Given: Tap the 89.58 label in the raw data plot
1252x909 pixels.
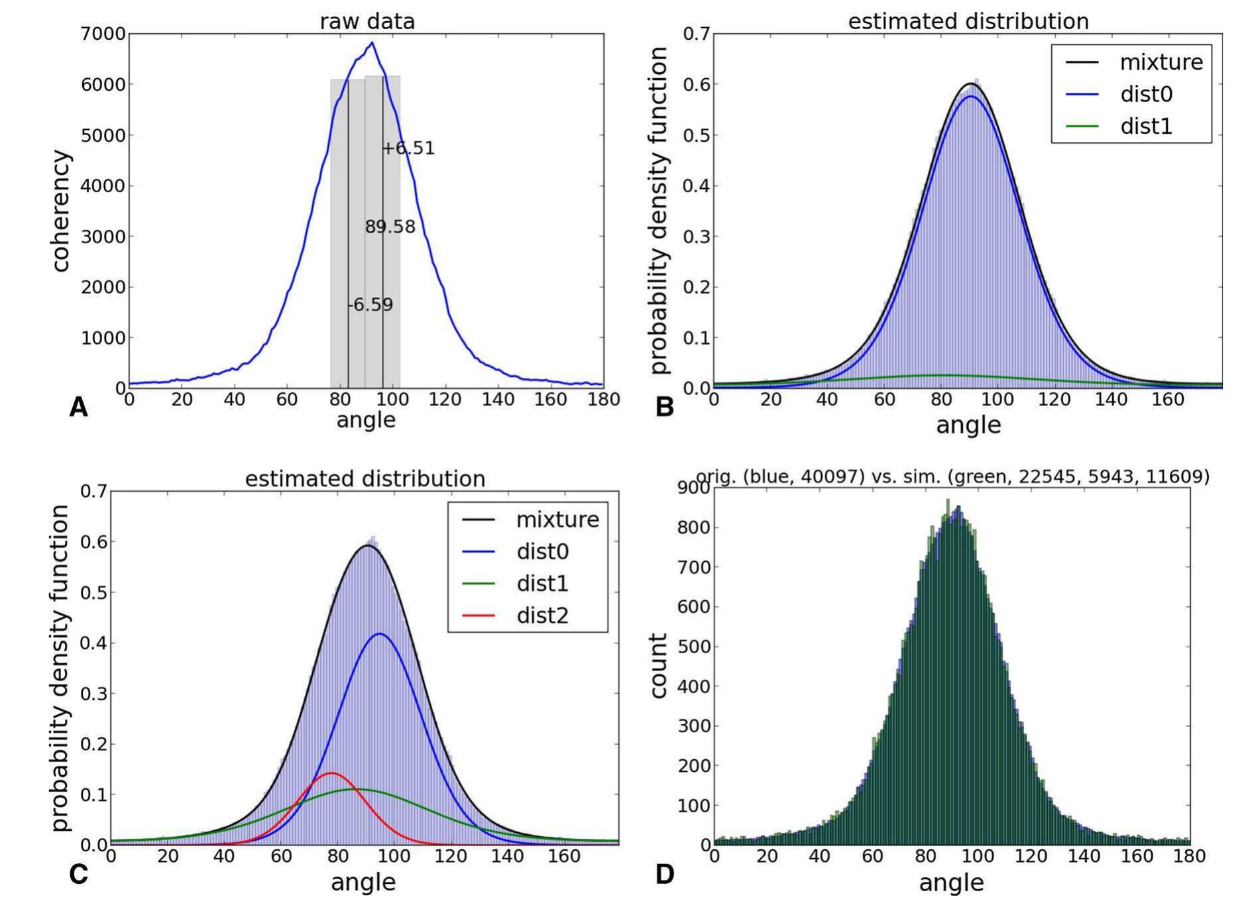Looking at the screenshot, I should tap(390, 227).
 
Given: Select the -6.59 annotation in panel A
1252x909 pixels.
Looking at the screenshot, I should tap(370, 305).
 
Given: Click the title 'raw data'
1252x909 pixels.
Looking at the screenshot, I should tap(367, 21).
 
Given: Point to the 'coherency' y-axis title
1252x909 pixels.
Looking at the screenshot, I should tap(60, 211).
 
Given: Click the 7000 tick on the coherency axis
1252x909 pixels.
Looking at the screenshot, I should tap(103, 34).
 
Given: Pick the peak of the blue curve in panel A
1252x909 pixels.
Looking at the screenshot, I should tap(372, 43).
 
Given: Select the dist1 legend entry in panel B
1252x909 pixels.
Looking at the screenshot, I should tap(1146, 126).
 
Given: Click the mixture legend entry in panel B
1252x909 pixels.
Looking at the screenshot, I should tap(1161, 62).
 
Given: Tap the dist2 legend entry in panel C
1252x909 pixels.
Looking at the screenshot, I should tap(542, 615).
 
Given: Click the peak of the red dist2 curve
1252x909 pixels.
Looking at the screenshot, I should tap(331, 773).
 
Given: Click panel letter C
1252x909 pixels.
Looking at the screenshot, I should tap(78, 875).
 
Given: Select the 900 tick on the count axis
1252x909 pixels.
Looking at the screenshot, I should tap(693, 489).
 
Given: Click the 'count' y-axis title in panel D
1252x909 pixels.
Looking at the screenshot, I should tap(657, 665).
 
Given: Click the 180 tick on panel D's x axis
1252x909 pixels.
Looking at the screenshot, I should tap(1190, 856).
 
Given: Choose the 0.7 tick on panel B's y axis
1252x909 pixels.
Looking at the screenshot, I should tap(696, 34).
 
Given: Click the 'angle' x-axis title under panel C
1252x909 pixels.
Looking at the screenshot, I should tap(363, 882).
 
